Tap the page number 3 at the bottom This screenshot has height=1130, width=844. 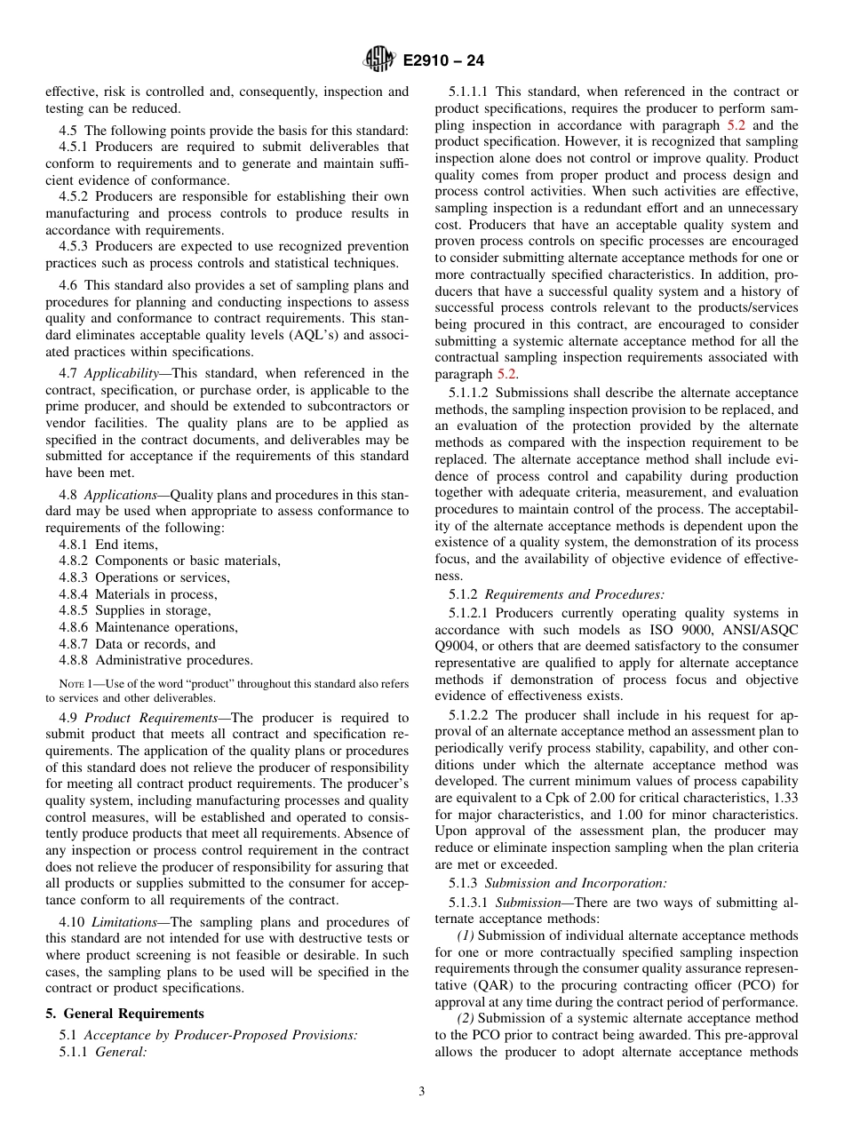click(x=422, y=1092)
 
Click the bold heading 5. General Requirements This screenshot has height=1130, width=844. click(x=124, y=1014)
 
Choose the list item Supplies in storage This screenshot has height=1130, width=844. click(x=153, y=610)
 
